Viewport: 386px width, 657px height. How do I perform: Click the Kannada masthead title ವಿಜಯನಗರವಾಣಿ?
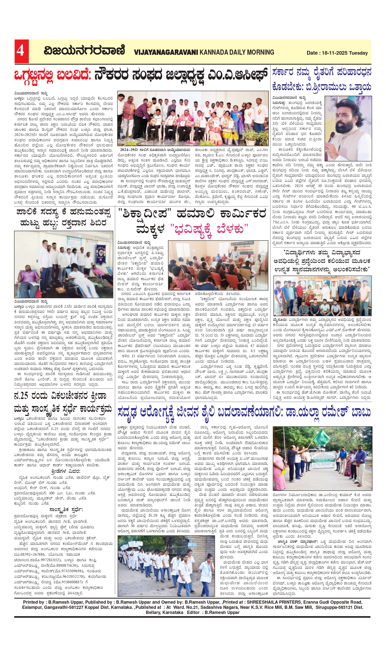tap(84, 51)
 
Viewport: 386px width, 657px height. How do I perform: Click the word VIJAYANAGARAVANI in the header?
tap(166, 52)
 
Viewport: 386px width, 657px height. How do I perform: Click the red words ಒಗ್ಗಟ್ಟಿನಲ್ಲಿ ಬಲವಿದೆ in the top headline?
tap(52, 75)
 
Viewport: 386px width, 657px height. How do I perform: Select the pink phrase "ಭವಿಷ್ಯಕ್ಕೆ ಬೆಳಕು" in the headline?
tap(209, 229)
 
